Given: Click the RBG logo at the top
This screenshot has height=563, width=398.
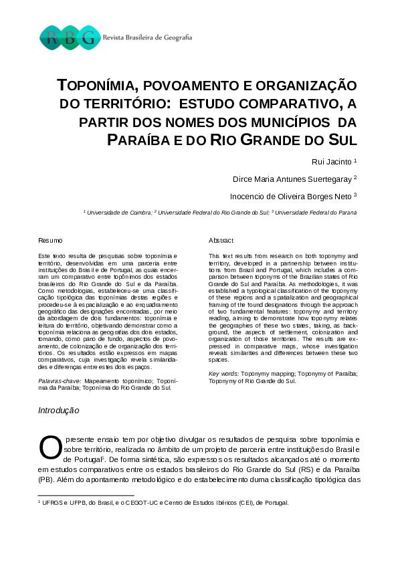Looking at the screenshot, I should coord(70,37).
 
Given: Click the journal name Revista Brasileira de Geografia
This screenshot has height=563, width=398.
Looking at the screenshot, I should coord(147,37).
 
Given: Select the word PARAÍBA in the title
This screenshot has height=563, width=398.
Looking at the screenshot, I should coord(138,140).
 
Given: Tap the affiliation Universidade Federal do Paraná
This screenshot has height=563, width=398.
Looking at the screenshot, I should coord(316,212).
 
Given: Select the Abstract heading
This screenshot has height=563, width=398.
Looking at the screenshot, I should coord(221,240).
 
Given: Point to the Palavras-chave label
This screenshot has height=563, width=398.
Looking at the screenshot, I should coord(60,380).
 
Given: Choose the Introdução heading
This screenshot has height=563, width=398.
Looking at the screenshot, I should coord(59,410).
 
